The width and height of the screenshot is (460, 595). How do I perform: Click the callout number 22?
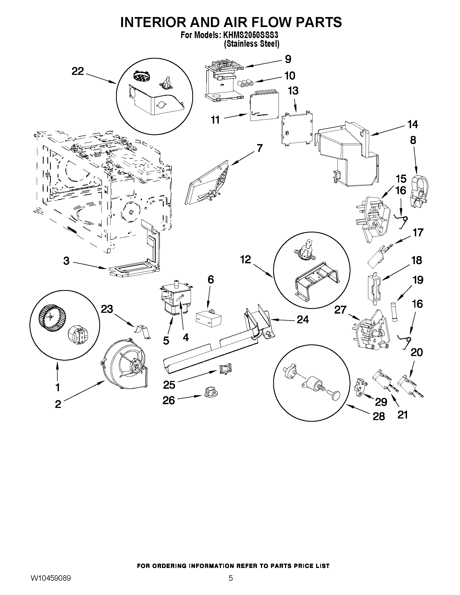[77, 71]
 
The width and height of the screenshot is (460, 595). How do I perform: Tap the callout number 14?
[413, 125]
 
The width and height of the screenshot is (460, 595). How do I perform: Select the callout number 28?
[379, 416]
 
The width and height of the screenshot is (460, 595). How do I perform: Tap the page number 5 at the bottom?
[231, 584]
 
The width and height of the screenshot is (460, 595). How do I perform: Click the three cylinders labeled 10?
[245, 84]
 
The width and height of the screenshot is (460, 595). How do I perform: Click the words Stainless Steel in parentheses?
[251, 44]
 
